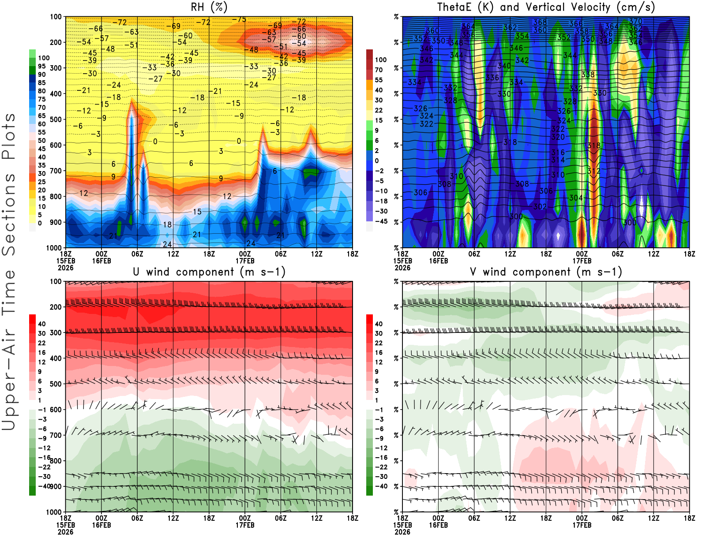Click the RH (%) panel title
(x=209, y=7)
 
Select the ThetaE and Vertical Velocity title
(x=546, y=7)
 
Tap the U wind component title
(x=209, y=272)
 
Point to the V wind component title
(x=546, y=272)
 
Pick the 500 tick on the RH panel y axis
(x=56, y=119)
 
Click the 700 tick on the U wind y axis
(x=56, y=435)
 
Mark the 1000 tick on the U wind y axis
(x=54, y=512)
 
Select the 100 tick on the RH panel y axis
(x=56, y=17)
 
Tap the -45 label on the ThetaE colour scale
(x=381, y=221)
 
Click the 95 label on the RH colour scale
(x=41, y=66)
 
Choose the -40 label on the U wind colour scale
(x=44, y=486)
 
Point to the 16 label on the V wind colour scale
(x=379, y=352)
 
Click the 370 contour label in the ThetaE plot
(x=636, y=21)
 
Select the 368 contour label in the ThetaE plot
(x=540, y=22)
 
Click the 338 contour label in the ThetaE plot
(x=588, y=75)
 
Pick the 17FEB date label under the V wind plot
(x=582, y=525)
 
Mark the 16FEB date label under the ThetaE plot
(x=439, y=261)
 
